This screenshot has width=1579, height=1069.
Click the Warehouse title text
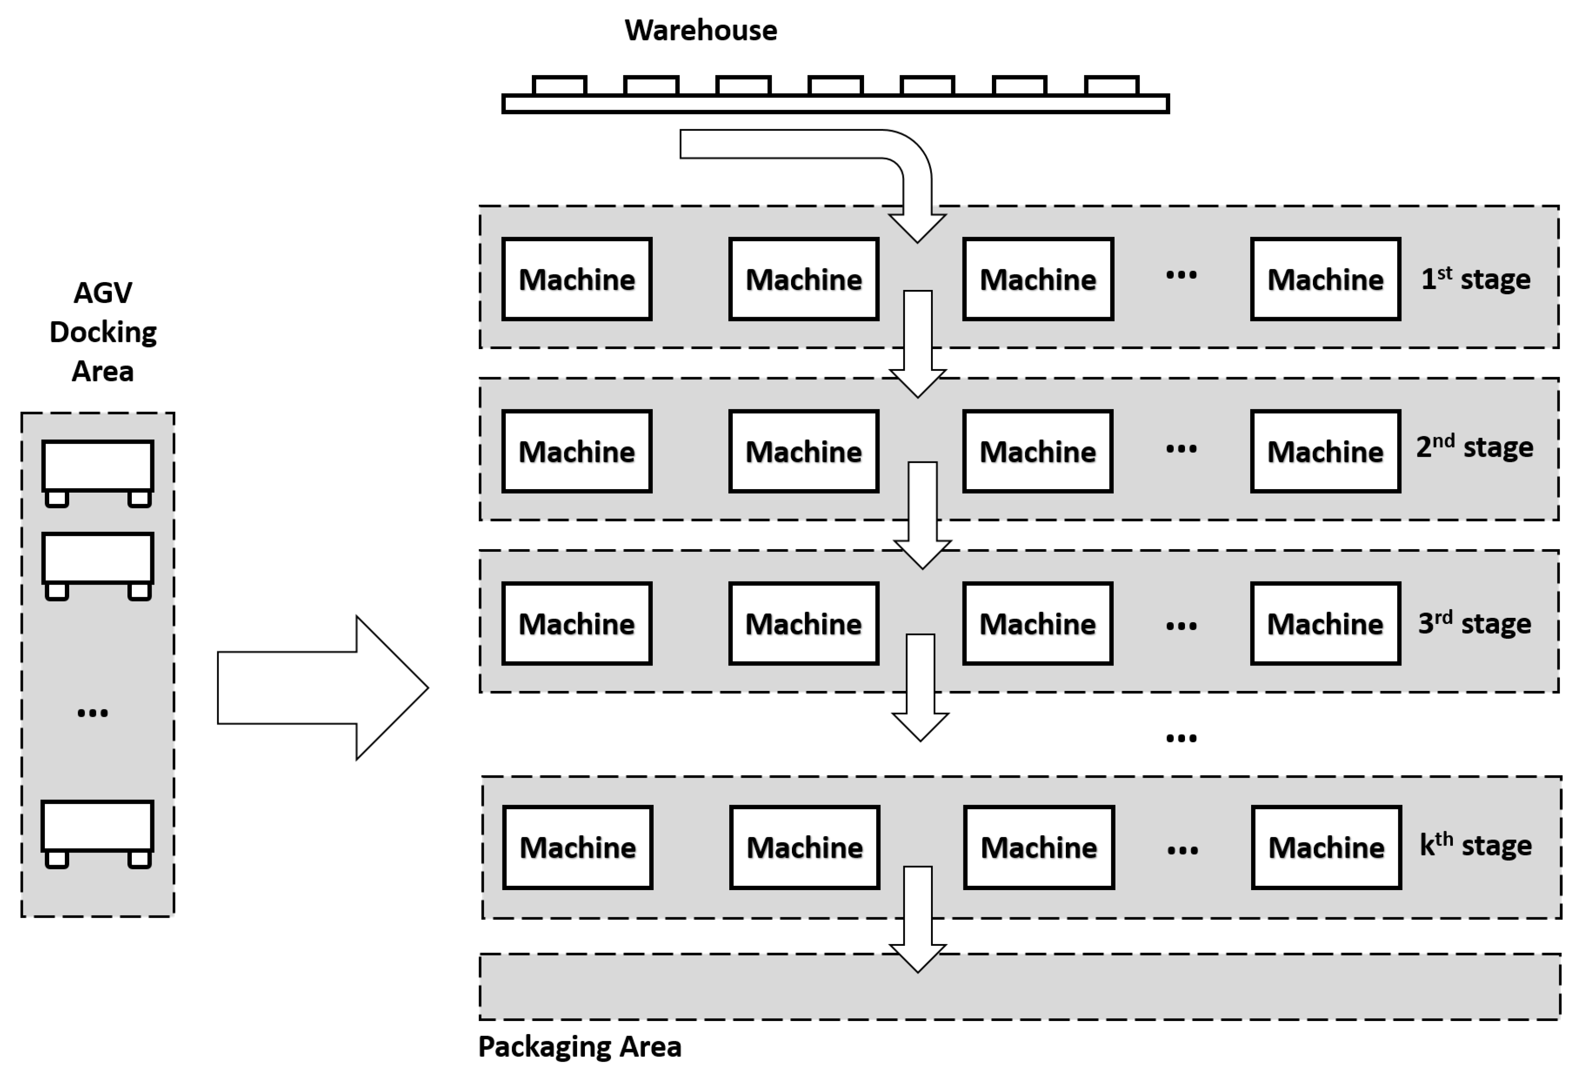700,31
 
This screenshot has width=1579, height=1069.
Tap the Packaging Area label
580,1047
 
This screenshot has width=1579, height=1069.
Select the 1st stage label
1476,279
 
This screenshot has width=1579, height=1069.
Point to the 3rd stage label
1474,623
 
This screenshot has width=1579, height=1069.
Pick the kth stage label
1476,846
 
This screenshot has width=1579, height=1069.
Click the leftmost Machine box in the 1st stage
577,279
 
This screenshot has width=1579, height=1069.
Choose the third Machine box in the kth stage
1039,847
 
